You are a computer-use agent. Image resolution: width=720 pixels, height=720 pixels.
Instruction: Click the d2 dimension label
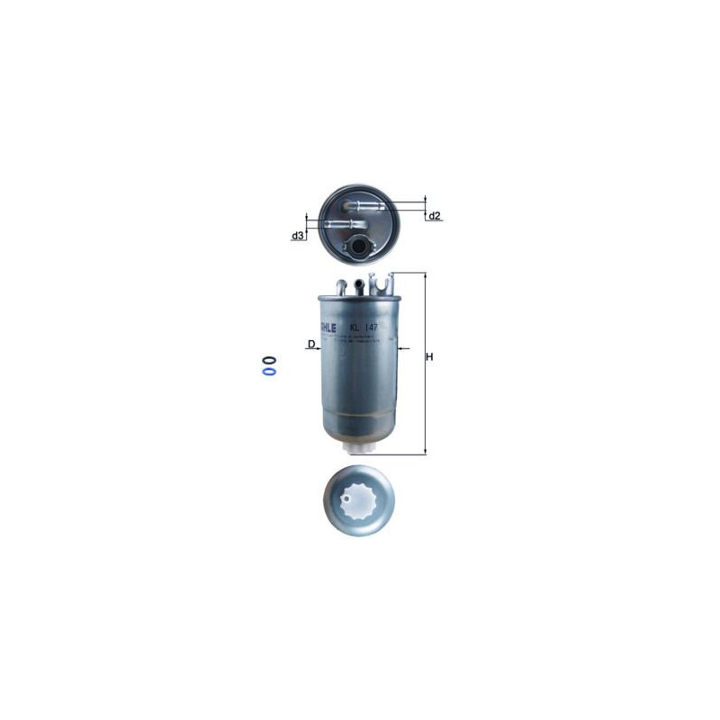(435, 216)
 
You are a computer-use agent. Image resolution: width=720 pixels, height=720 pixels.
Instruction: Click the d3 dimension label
(296, 236)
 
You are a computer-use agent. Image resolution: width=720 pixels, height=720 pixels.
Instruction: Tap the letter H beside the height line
(430, 357)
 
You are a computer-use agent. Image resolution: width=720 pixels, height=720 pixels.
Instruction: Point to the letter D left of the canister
(310, 345)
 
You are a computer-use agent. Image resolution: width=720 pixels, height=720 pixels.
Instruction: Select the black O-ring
(269, 359)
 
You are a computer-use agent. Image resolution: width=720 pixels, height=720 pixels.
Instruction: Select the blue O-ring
(269, 369)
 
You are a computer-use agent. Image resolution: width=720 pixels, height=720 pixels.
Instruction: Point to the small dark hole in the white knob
(350, 493)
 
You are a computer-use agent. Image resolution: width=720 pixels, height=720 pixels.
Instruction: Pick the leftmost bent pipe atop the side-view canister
(341, 286)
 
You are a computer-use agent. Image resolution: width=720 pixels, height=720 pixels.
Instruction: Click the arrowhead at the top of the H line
(425, 275)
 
